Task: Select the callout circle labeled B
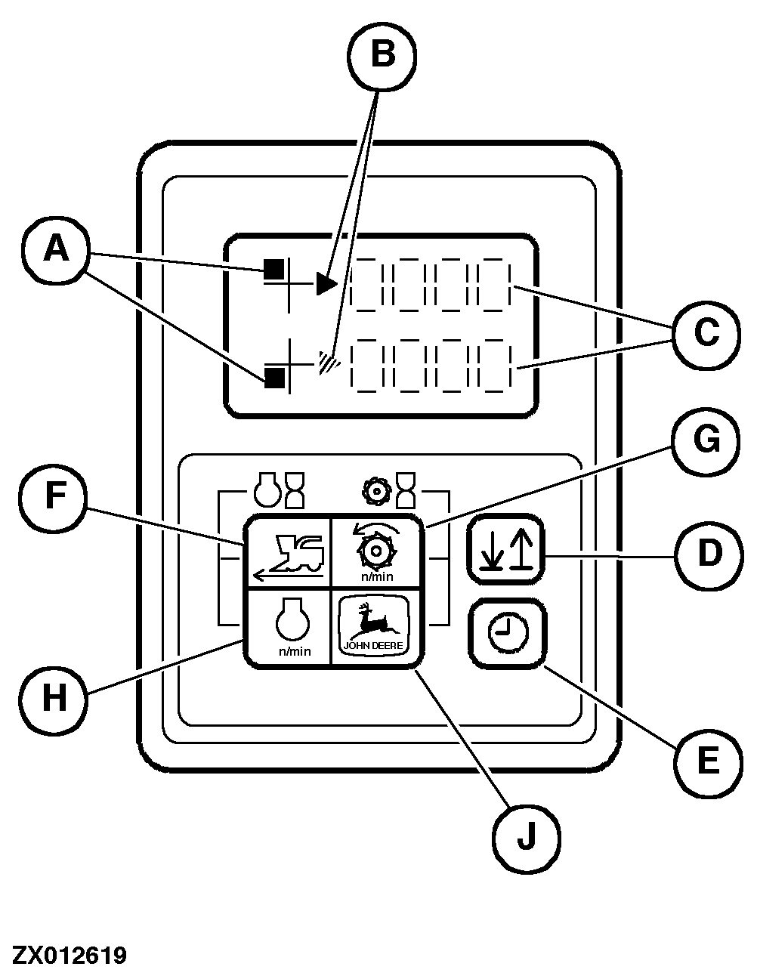[382, 55]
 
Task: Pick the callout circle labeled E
[707, 761]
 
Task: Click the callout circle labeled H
[54, 697]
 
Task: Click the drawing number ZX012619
[69, 955]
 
